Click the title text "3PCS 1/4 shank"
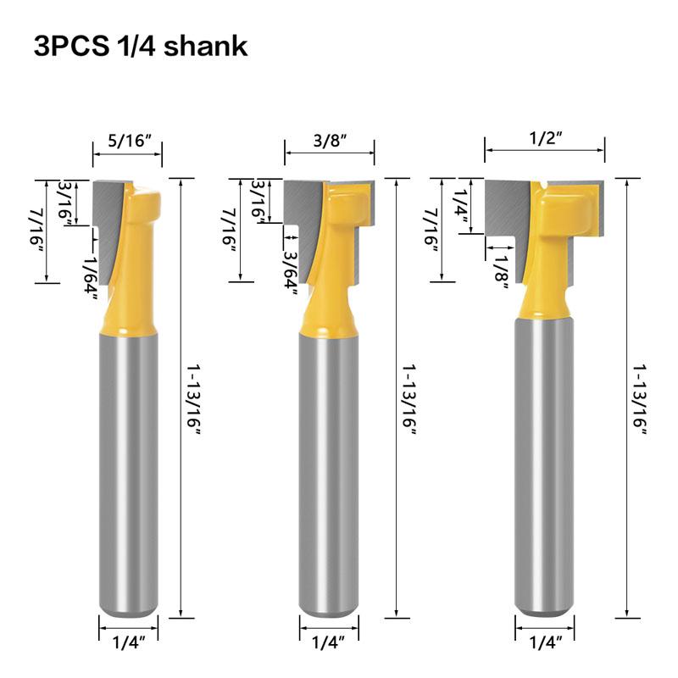pyautogui.click(x=141, y=46)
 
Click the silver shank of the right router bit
pyautogui.click(x=543, y=466)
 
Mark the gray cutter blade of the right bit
pyautogui.click(x=507, y=208)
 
